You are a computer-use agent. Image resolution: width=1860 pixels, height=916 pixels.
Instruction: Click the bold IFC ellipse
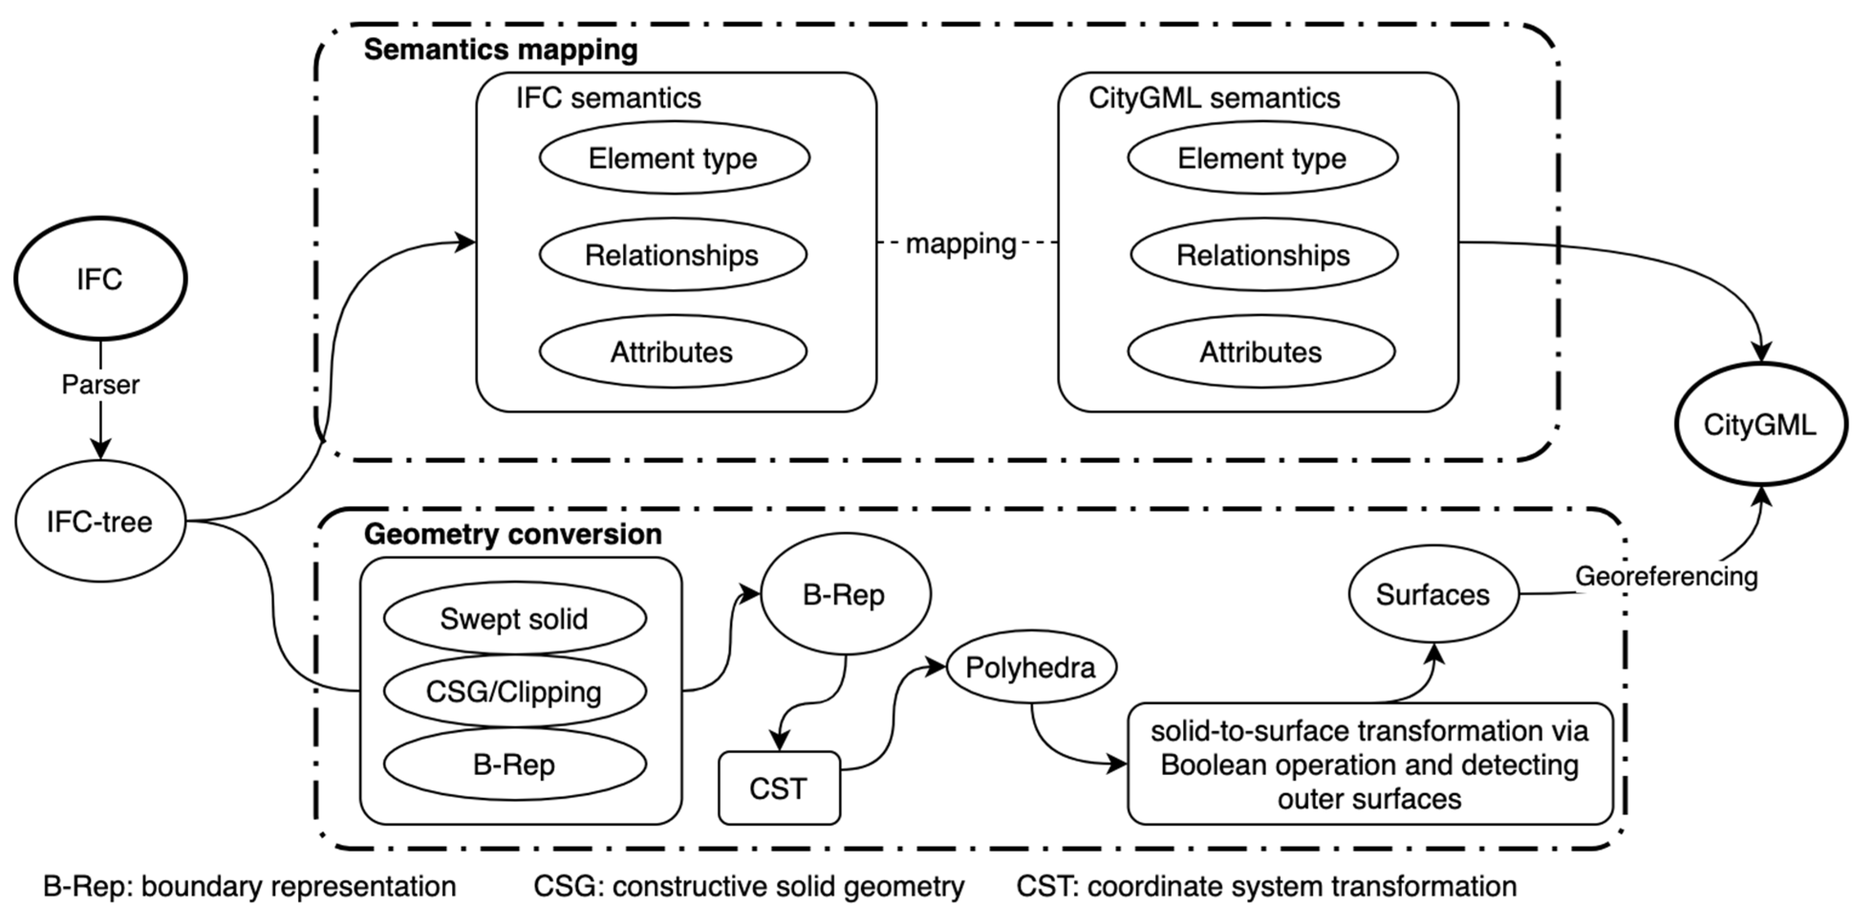pyautogui.click(x=100, y=279)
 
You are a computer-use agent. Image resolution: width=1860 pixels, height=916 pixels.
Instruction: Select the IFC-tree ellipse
pyautogui.click(x=100, y=521)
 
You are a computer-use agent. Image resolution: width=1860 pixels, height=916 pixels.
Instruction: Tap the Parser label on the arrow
pyautogui.click(x=100, y=384)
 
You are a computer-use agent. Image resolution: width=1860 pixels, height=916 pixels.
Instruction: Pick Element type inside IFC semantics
pyautogui.click(x=674, y=158)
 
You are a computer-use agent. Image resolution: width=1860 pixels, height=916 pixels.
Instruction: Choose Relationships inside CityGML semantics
pyautogui.click(x=1264, y=255)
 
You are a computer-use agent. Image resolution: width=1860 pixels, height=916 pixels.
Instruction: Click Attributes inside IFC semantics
pyautogui.click(x=672, y=352)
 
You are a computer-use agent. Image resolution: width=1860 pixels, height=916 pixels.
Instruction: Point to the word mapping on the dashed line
pyautogui.click(x=961, y=243)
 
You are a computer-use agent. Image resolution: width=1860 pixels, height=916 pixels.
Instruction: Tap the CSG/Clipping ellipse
pyautogui.click(x=514, y=691)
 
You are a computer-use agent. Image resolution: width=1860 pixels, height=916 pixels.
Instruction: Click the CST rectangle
pyautogui.click(x=778, y=788)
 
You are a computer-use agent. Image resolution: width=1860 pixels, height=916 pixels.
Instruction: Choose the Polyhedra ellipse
pyautogui.click(x=1031, y=668)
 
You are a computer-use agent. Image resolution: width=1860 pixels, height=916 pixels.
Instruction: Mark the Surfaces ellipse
pyautogui.click(x=1432, y=594)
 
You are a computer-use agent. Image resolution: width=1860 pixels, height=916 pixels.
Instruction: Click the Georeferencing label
pyautogui.click(x=1666, y=576)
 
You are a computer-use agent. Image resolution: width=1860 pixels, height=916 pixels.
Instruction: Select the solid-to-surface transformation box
pyautogui.click(x=1370, y=765)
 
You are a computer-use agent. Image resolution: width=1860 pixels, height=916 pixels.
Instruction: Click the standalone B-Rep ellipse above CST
pyautogui.click(x=844, y=594)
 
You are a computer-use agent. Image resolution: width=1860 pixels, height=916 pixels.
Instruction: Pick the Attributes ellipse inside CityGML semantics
pyautogui.click(x=1261, y=352)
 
